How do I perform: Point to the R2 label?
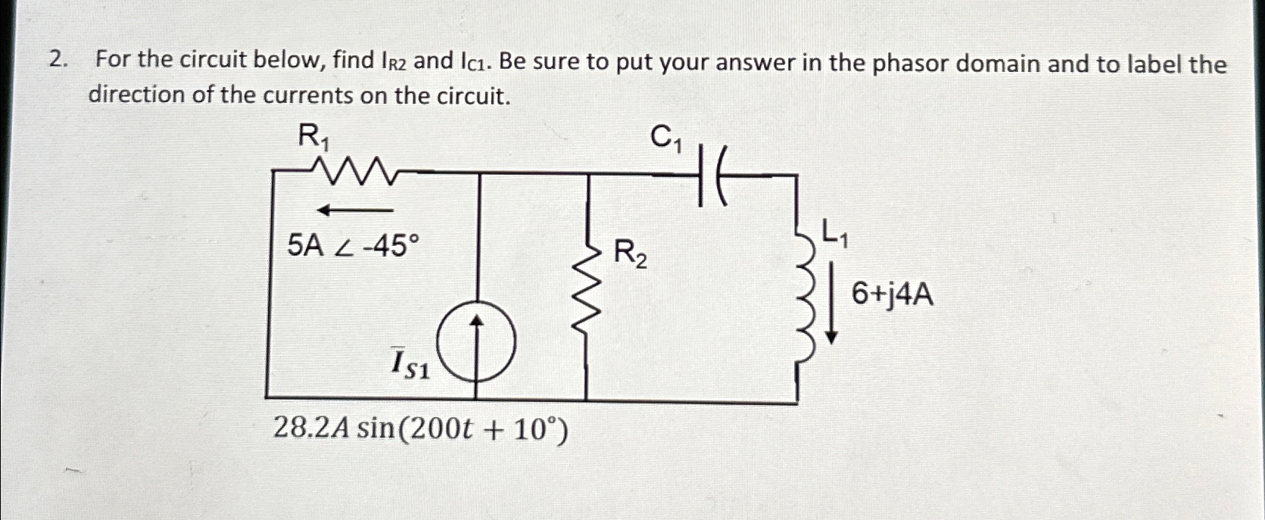click(630, 253)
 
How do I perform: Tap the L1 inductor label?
click(835, 234)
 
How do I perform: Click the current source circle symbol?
click(476, 345)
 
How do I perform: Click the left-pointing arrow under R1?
click(354, 210)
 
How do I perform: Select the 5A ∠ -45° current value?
click(353, 245)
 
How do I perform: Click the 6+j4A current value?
click(893, 294)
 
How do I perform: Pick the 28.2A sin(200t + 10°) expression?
click(419, 430)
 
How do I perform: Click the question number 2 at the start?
click(55, 60)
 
